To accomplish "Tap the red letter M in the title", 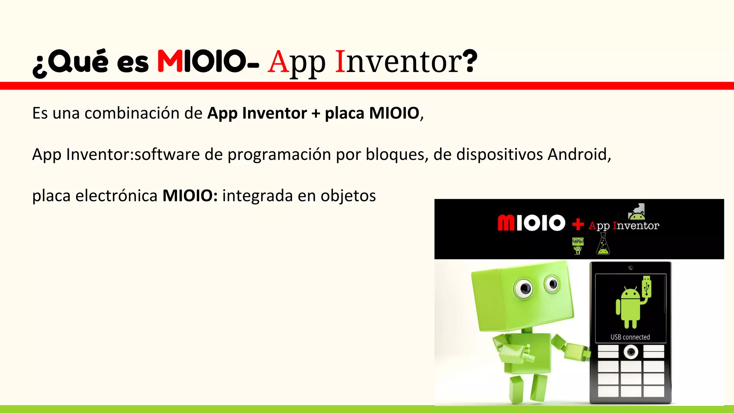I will tap(170, 61).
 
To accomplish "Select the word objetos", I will tap(348, 196).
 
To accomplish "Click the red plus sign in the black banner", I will tap(577, 224).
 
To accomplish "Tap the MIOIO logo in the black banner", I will tap(531, 223).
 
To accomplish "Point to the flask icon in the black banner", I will tap(603, 244).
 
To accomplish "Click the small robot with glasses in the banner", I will tap(577, 245).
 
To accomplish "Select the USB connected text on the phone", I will tap(630, 337).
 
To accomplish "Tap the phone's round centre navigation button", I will tap(631, 352).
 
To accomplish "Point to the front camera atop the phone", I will tap(631, 268).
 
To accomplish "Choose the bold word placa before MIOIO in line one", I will tap(344, 113).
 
